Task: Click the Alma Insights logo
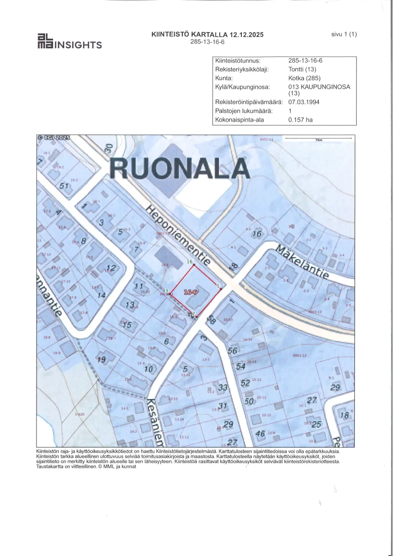click(69, 41)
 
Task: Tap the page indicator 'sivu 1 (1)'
click(343, 34)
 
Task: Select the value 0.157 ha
click(301, 120)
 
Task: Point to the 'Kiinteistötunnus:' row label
click(238, 61)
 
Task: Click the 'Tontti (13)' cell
click(302, 69)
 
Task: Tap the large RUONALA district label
click(179, 168)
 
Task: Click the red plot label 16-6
click(191, 293)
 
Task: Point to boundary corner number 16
click(189, 262)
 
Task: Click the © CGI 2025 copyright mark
click(53, 138)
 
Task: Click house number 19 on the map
click(101, 360)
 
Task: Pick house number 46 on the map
click(260, 433)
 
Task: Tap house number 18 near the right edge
click(345, 415)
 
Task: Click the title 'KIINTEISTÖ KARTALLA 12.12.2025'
click(208, 35)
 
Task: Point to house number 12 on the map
click(111, 268)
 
